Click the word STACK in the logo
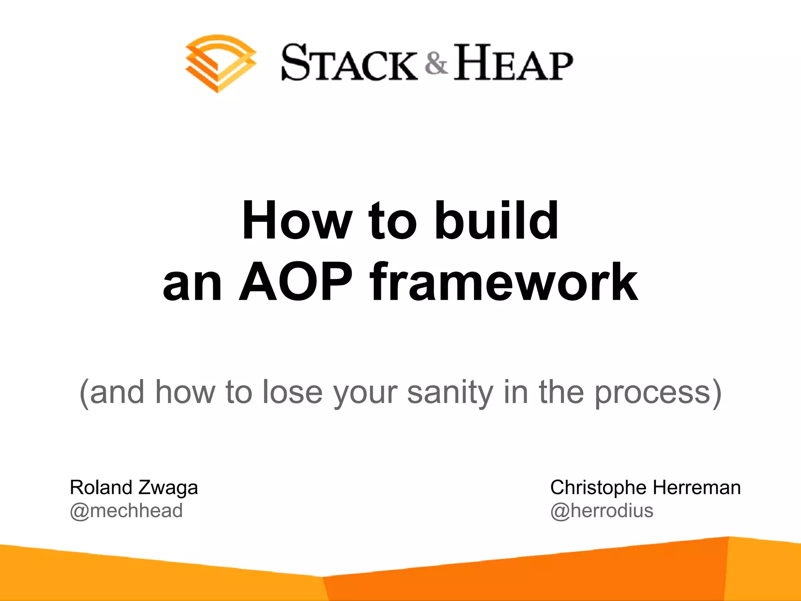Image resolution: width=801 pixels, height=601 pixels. (x=349, y=63)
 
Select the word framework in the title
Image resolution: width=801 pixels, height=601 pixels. (x=505, y=283)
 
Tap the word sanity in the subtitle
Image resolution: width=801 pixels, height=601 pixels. (x=450, y=392)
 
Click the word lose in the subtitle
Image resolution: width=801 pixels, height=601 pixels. (x=292, y=392)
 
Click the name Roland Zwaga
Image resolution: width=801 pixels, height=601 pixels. (x=134, y=488)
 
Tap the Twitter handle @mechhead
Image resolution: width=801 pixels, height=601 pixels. (x=126, y=511)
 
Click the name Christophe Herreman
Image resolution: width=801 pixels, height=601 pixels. (x=645, y=488)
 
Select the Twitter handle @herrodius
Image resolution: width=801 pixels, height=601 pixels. (x=602, y=511)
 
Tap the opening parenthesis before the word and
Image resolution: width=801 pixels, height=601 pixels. (x=84, y=392)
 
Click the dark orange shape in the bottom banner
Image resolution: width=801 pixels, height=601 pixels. (x=508, y=575)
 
